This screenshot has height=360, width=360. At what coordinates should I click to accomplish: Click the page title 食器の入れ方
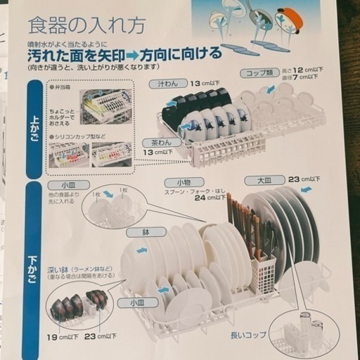click(86, 26)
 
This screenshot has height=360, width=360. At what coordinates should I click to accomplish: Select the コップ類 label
click(259, 72)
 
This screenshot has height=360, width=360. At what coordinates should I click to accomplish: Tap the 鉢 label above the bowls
click(136, 231)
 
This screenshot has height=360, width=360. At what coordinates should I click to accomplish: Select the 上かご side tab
click(34, 128)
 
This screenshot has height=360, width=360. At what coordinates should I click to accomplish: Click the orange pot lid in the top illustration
click(290, 19)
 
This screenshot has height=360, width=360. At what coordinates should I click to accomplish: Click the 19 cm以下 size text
click(61, 337)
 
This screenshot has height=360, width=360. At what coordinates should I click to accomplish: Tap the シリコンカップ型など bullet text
click(79, 135)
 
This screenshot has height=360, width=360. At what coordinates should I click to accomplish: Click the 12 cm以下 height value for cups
click(310, 69)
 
